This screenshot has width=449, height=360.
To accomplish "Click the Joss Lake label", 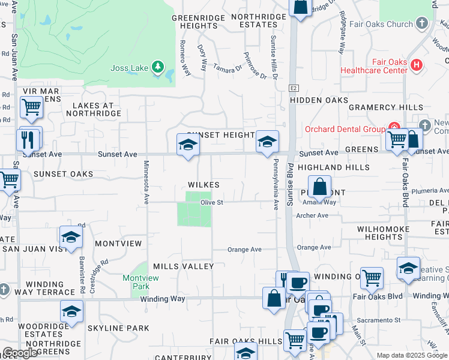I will click(129, 68).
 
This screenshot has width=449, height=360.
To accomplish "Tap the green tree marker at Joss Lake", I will click(158, 67).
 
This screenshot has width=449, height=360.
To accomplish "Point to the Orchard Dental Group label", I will click(345, 129).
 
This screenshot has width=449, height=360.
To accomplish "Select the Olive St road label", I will click(212, 203).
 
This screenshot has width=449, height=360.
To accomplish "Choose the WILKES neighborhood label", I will click(203, 185).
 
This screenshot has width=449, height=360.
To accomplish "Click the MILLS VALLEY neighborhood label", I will click(183, 266).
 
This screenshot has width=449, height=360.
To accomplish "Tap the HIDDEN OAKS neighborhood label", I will click(319, 100).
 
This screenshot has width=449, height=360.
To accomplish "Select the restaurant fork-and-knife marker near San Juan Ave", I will click(29, 140).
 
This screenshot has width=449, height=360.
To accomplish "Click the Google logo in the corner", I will click(20, 353).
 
